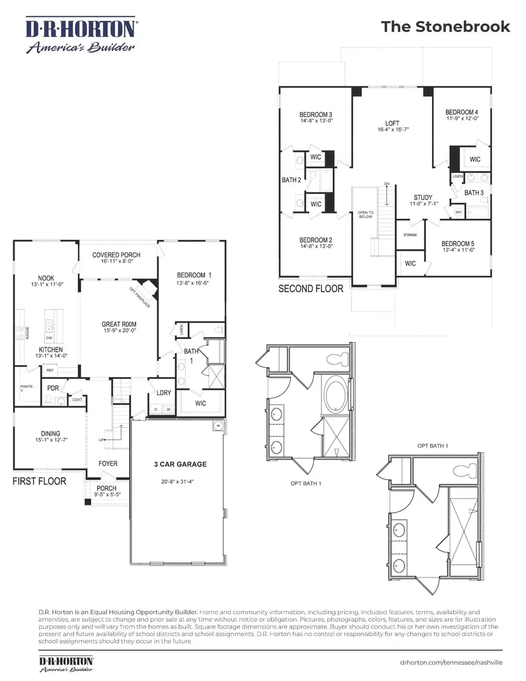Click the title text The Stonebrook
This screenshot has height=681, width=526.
[445, 27]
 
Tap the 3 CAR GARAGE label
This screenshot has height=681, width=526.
[177, 465]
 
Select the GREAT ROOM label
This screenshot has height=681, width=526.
[119, 324]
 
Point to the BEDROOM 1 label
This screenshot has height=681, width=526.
[191, 275]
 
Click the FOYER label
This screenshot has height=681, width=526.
[108, 464]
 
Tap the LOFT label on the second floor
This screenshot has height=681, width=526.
[392, 124]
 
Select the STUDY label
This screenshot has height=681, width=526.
[423, 198]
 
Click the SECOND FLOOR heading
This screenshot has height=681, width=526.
[311, 289]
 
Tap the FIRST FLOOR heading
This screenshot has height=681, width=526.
[39, 481]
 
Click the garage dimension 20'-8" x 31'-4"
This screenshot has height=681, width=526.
[176, 483]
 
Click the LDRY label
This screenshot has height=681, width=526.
[164, 393]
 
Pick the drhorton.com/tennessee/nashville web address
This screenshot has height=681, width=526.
[451, 663]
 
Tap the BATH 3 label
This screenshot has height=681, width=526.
[474, 192]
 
